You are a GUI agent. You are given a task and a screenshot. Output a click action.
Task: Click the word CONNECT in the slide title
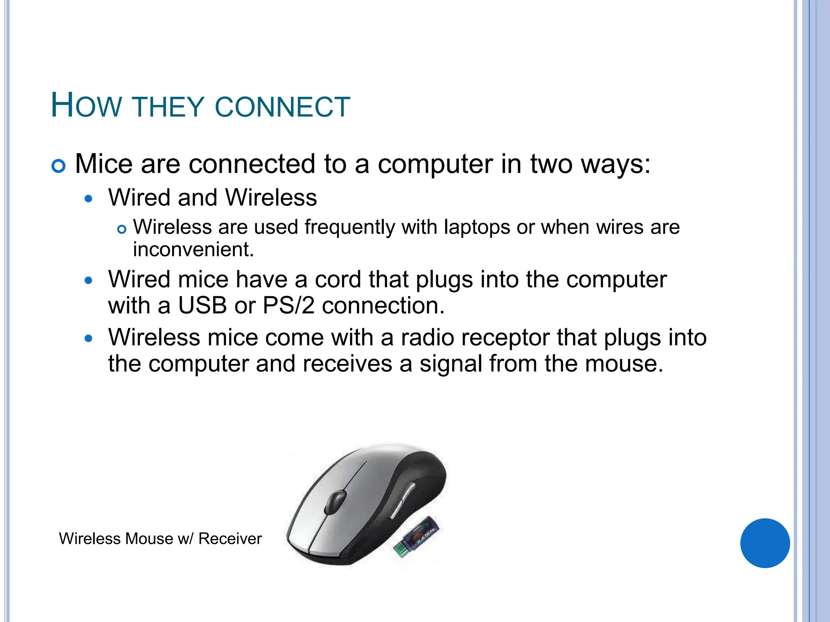click(x=282, y=107)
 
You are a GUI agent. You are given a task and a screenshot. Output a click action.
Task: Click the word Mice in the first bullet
click(x=104, y=164)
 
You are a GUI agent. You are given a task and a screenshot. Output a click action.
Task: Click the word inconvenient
click(x=193, y=249)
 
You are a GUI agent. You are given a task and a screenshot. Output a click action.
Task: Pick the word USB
click(x=202, y=305)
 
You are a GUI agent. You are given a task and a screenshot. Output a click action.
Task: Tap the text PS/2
click(x=289, y=305)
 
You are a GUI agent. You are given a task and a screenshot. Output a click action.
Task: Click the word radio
click(x=427, y=337)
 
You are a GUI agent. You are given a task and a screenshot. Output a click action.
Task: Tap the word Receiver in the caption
click(x=230, y=539)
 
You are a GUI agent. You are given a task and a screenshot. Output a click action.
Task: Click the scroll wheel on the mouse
click(x=336, y=501)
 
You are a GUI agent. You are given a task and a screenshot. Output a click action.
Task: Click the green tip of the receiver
click(x=400, y=550)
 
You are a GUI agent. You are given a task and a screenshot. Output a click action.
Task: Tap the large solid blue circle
click(x=765, y=543)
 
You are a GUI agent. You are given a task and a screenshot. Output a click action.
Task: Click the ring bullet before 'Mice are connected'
click(x=59, y=166)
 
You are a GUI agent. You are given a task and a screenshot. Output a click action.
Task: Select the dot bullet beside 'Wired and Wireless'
click(x=89, y=199)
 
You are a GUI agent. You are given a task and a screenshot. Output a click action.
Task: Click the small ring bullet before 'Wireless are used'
click(x=122, y=230)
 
